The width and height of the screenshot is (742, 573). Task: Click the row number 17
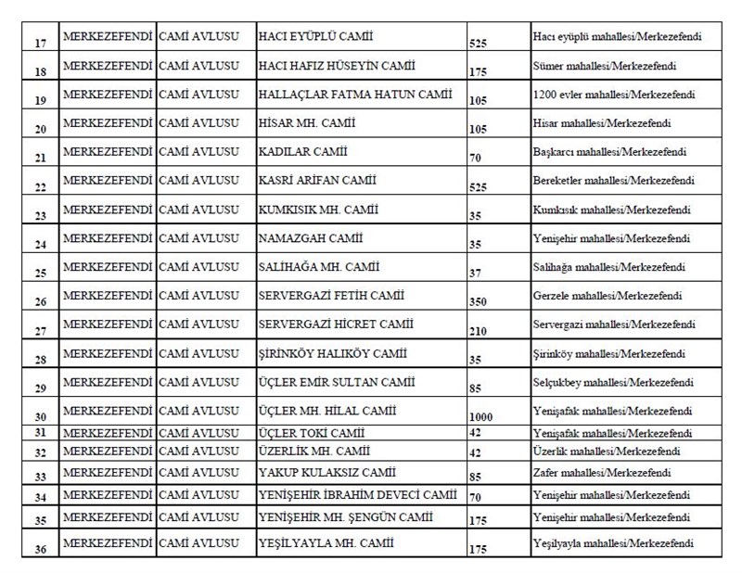[x=40, y=43]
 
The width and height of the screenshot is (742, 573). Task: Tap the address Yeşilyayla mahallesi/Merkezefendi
[x=614, y=543]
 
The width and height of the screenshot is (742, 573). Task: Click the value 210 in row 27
[x=478, y=331]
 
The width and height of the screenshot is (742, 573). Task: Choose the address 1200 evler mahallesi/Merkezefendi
[x=615, y=94]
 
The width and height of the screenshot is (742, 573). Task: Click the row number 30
[x=40, y=417]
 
